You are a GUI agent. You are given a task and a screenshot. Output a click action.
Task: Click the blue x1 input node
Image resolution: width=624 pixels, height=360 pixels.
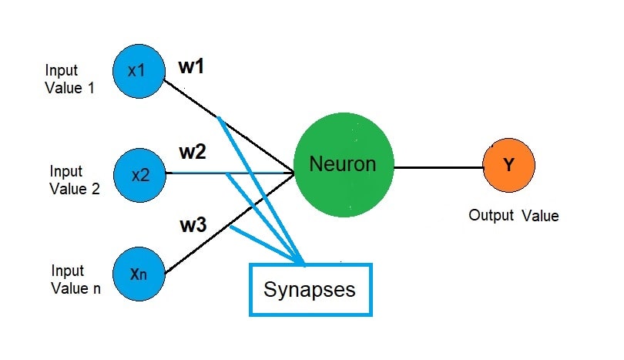click(x=137, y=70)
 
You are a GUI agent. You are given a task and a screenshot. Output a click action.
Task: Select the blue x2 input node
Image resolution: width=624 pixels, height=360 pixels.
click(x=139, y=174)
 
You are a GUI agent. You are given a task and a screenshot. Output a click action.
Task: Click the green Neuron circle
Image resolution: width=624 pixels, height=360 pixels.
click(x=343, y=165)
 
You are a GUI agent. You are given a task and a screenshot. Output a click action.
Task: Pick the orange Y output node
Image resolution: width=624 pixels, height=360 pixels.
click(x=508, y=166)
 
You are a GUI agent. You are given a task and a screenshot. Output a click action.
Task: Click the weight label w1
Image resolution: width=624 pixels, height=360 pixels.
click(x=191, y=67)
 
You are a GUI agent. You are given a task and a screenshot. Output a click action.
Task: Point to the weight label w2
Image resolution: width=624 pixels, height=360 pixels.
click(x=193, y=152)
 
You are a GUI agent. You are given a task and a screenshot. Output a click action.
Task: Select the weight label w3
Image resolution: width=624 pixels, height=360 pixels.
click(x=193, y=227)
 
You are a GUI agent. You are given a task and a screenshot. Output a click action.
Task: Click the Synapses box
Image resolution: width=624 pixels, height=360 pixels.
click(x=310, y=289)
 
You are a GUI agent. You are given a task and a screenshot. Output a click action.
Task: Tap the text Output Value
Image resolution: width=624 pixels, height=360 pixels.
click(x=513, y=216)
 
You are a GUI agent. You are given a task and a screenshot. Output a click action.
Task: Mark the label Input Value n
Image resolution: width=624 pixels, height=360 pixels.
click(x=75, y=280)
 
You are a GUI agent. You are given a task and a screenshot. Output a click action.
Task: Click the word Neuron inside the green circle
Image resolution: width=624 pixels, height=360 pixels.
click(x=342, y=164)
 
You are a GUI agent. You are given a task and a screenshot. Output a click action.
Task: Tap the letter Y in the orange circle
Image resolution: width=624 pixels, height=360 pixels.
click(x=508, y=166)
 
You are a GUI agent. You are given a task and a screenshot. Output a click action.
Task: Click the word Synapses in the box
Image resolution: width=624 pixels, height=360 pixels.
click(x=310, y=290)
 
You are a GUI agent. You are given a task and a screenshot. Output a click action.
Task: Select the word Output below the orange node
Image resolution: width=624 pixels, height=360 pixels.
click(x=491, y=216)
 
